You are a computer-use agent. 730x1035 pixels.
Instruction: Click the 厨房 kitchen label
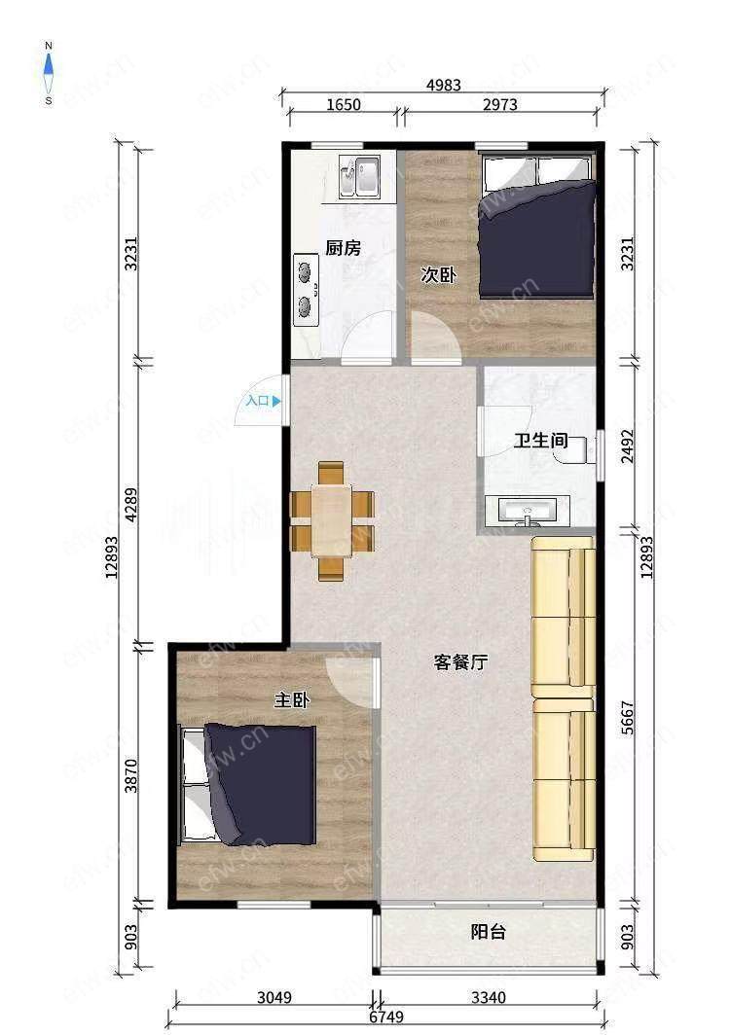tap(344, 248)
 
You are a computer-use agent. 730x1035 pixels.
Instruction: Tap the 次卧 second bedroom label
tap(438, 274)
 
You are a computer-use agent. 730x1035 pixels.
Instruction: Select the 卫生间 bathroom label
tap(541, 440)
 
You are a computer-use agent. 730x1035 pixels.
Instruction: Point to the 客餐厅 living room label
tap(460, 662)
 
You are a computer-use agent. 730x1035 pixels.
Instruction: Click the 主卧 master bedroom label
tap(292, 699)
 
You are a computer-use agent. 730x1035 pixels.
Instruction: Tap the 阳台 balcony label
tap(489, 931)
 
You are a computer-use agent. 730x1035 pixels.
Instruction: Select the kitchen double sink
tap(359, 177)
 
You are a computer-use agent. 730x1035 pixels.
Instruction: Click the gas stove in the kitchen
tap(306, 290)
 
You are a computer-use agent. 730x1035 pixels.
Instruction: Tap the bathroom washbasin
tap(527, 512)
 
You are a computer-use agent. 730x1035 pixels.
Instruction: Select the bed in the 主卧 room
tap(248, 784)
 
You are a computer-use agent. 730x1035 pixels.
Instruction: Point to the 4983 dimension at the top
tap(443, 85)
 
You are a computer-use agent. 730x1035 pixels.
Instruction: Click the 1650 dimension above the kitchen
tap(344, 104)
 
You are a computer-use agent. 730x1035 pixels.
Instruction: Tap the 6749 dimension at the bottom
tap(386, 1017)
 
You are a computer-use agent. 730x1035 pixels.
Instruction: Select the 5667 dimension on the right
tap(628, 717)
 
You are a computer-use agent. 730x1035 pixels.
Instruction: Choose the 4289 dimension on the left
tap(131, 505)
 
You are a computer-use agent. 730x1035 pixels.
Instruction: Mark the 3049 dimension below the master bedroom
tap(274, 997)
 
